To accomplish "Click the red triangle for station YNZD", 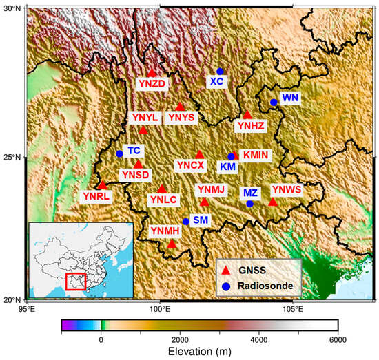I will coord(152,72).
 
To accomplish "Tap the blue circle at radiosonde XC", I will coord(220,71).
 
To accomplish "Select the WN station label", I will coord(290,98).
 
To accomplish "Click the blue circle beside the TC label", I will coord(119,153).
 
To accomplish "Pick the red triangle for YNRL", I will coord(103,184).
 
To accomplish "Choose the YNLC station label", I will coord(163,200).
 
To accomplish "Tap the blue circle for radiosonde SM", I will coord(185,222).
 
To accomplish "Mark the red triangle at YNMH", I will coord(172,243).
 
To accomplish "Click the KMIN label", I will coord(256,155).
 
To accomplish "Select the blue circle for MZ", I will coord(249,203).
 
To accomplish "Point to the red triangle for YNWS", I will coord(273,202).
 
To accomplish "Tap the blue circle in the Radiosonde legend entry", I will coord(225,285).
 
